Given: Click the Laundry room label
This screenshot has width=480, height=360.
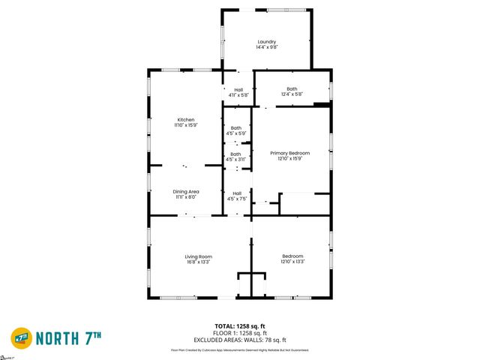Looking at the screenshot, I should (x=266, y=41).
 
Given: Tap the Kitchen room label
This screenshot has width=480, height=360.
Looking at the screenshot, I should (x=186, y=120).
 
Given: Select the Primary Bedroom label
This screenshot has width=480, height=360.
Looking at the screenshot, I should (x=289, y=153).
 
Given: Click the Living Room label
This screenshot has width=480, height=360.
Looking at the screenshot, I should (x=198, y=256).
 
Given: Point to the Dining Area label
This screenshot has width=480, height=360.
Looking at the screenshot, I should (x=186, y=191).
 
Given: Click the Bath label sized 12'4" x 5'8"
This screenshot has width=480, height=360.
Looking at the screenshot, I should (x=292, y=89).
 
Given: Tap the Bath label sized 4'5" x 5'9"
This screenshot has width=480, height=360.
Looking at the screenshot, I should (x=235, y=128).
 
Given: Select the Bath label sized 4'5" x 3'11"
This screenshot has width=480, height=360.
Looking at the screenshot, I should (x=235, y=154).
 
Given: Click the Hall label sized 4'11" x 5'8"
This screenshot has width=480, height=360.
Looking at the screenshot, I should (x=238, y=90).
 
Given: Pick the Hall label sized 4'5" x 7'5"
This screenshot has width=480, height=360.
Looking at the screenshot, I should (x=237, y=193).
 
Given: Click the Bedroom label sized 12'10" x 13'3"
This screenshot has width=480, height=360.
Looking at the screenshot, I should (x=292, y=256).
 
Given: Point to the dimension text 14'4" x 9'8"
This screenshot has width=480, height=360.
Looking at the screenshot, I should (x=266, y=47).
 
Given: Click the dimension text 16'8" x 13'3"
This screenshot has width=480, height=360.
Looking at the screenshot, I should (x=198, y=262).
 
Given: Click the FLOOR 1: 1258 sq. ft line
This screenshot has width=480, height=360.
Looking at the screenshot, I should (x=240, y=332).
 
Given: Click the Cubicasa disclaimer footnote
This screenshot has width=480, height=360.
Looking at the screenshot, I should (x=240, y=349).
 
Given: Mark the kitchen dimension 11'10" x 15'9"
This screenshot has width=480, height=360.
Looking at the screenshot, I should (x=186, y=125).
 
